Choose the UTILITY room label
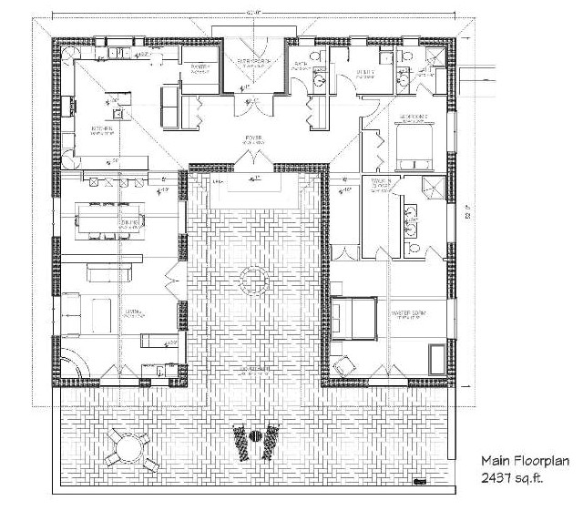[x=364, y=76]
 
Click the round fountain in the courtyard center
[x=253, y=280]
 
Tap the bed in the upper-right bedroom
[x=415, y=145]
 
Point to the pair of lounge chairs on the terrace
[x=256, y=441]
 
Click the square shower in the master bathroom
[x=434, y=189]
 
